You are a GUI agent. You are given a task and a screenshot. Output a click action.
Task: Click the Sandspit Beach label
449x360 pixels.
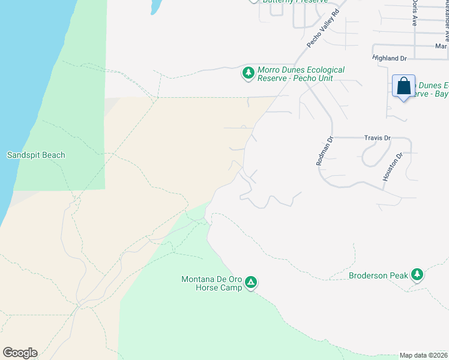coord(36,155)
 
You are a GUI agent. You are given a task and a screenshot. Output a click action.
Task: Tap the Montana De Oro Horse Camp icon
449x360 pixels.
coord(251,282)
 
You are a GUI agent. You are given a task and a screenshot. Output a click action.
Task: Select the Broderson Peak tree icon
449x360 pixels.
coord(417,275)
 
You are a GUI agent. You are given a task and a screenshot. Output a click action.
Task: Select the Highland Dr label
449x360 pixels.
coord(390,58)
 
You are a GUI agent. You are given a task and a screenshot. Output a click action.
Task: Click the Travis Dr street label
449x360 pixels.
coord(377,138)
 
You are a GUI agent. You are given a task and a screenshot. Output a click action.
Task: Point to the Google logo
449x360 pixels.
coord(20,353)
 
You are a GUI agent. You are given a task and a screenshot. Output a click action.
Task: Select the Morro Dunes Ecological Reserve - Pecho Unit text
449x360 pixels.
coord(301,74)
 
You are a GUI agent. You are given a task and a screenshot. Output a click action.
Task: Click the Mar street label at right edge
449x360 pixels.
coord(442,46)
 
